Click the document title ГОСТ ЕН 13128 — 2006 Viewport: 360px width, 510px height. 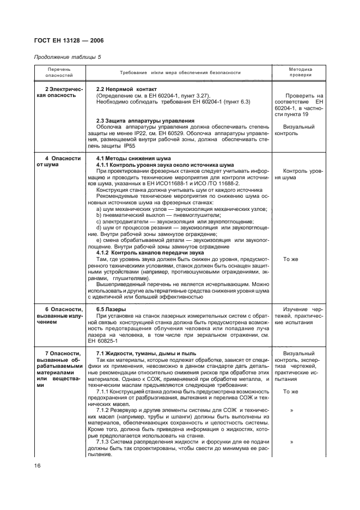(x=69, y=40)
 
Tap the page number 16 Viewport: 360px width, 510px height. (x=37, y=465)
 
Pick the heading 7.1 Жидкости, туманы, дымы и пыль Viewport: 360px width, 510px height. (x=150, y=354)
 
